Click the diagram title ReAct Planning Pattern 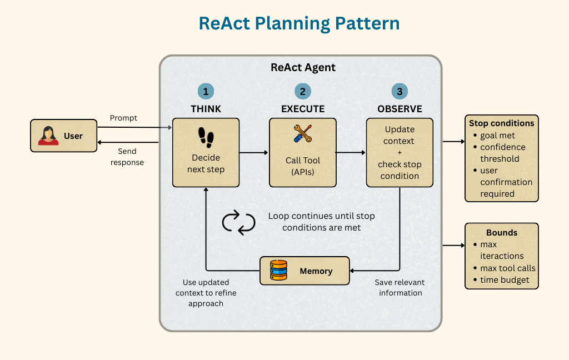tap(299, 24)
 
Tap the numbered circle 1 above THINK tap(206, 92)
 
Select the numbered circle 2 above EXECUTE tap(302, 92)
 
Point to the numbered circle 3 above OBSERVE tap(400, 92)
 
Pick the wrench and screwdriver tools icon tap(303, 133)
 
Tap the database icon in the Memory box tap(278, 271)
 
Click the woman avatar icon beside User tap(48, 136)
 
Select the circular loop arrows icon tap(238, 221)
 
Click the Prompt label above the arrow tap(123, 118)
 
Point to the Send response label tap(127, 156)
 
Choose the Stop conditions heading tap(501, 123)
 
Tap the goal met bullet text tap(497, 136)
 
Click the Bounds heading tap(501, 232)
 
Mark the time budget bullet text tap(505, 280)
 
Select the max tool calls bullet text tap(508, 268)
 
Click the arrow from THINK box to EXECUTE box tap(254, 152)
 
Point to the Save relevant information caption tap(400, 287)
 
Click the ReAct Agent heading tap(303, 68)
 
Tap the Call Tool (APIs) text tap(303, 166)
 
